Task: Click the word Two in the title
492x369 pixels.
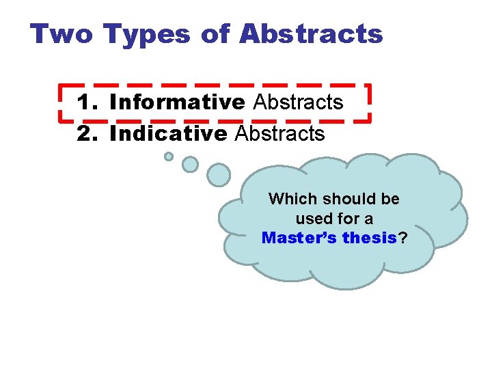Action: [x=61, y=33]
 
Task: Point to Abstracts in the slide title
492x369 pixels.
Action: [x=312, y=33]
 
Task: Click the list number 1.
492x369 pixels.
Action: [x=87, y=102]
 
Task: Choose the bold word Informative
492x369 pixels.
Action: [x=177, y=102]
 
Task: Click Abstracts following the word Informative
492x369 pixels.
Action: [x=298, y=102]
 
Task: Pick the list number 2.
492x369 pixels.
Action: [x=87, y=133]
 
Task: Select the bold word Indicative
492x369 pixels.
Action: [x=167, y=133]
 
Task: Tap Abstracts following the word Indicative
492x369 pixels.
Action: [x=279, y=133]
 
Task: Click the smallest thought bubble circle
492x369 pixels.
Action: [x=169, y=156]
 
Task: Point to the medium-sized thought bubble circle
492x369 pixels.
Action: [x=191, y=165]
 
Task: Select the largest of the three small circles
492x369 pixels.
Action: [x=219, y=175]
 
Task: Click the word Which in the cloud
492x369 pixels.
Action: [x=292, y=199]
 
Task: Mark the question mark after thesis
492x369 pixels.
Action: [x=403, y=238]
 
